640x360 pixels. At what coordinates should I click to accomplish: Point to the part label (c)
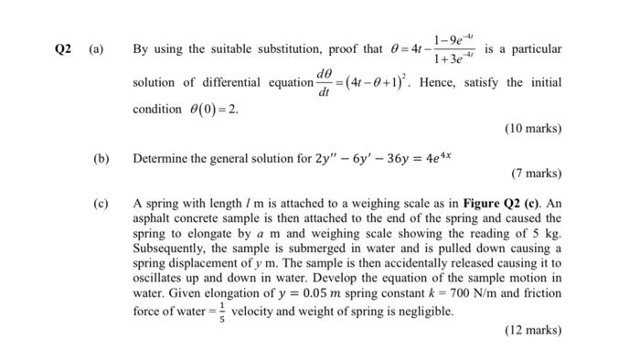click(101, 203)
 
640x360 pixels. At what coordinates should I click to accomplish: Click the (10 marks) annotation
click(533, 129)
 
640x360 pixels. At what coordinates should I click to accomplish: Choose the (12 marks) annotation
click(533, 331)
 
